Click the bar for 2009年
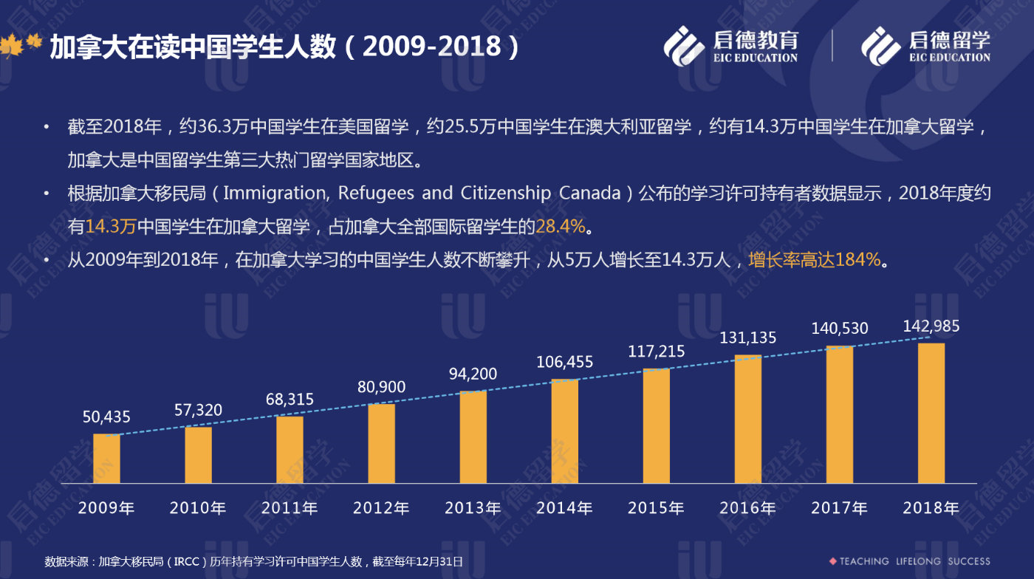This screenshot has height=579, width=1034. tap(106, 459)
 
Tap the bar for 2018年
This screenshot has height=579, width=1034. tap(931, 413)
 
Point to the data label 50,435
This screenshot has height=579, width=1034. tap(106, 417)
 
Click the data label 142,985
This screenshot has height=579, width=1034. tap(931, 326)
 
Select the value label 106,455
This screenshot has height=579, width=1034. tap(564, 362)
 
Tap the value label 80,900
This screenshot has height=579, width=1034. tap(381, 386)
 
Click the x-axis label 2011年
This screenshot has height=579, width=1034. tap(290, 508)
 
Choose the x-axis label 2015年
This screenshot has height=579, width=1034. tap(656, 508)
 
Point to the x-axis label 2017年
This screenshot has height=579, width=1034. tap(839, 508)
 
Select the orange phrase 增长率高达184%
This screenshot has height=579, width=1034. tap(814, 260)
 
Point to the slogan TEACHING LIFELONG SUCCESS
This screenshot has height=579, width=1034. tap(914, 561)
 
